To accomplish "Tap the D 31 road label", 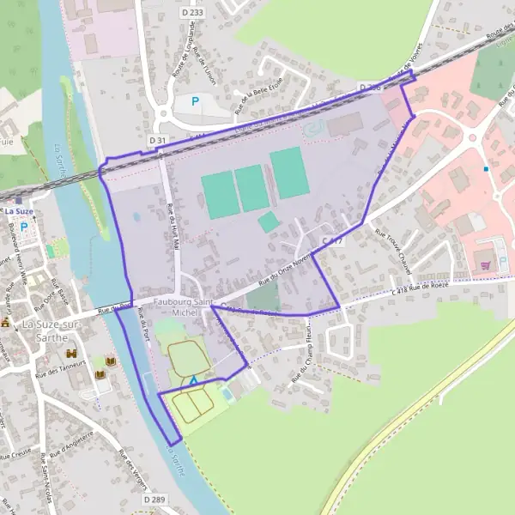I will point(157,140).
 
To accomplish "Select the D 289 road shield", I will point(154,499).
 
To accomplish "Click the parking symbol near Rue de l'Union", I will point(195,101).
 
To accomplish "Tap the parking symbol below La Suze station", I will point(23,227).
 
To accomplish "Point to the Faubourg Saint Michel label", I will point(183,306).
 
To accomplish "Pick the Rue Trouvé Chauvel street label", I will point(395,255).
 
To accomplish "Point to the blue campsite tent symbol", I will point(195,379).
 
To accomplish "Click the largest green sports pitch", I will point(289,173).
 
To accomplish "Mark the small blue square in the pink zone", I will point(486,169).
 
